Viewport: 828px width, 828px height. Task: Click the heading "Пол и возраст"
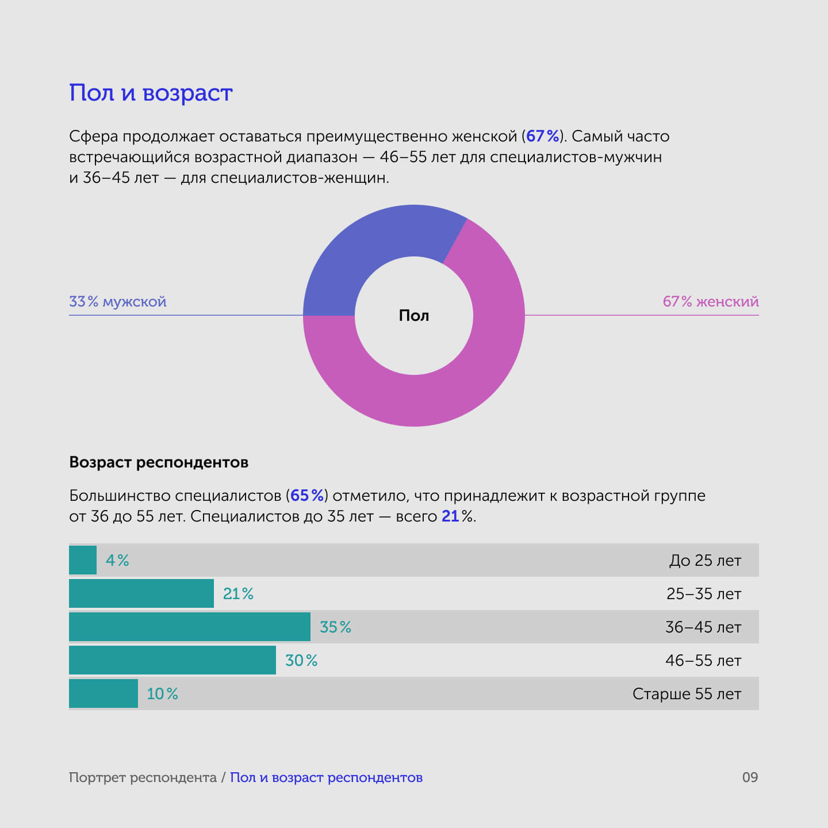click(151, 93)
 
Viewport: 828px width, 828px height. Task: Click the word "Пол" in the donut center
click(414, 316)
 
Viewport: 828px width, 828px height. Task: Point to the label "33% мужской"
click(118, 301)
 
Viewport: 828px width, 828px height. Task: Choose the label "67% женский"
click(711, 301)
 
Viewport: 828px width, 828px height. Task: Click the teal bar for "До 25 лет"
click(83, 560)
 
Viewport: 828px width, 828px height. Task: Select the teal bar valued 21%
click(141, 593)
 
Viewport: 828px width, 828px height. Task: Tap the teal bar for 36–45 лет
click(190, 627)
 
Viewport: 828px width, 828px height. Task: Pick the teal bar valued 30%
click(172, 660)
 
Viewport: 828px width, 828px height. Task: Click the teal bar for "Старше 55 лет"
click(103, 693)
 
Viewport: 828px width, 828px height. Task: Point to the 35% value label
click(335, 627)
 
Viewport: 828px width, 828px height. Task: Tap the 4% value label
click(117, 560)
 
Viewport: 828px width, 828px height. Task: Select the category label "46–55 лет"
click(703, 660)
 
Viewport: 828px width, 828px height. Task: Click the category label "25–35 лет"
click(704, 593)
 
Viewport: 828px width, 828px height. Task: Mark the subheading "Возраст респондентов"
click(159, 462)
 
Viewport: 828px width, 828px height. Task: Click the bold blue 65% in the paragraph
click(307, 496)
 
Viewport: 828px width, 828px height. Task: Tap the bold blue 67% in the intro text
click(542, 136)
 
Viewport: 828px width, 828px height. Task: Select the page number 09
click(750, 777)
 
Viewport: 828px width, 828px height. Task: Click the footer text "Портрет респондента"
click(143, 777)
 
